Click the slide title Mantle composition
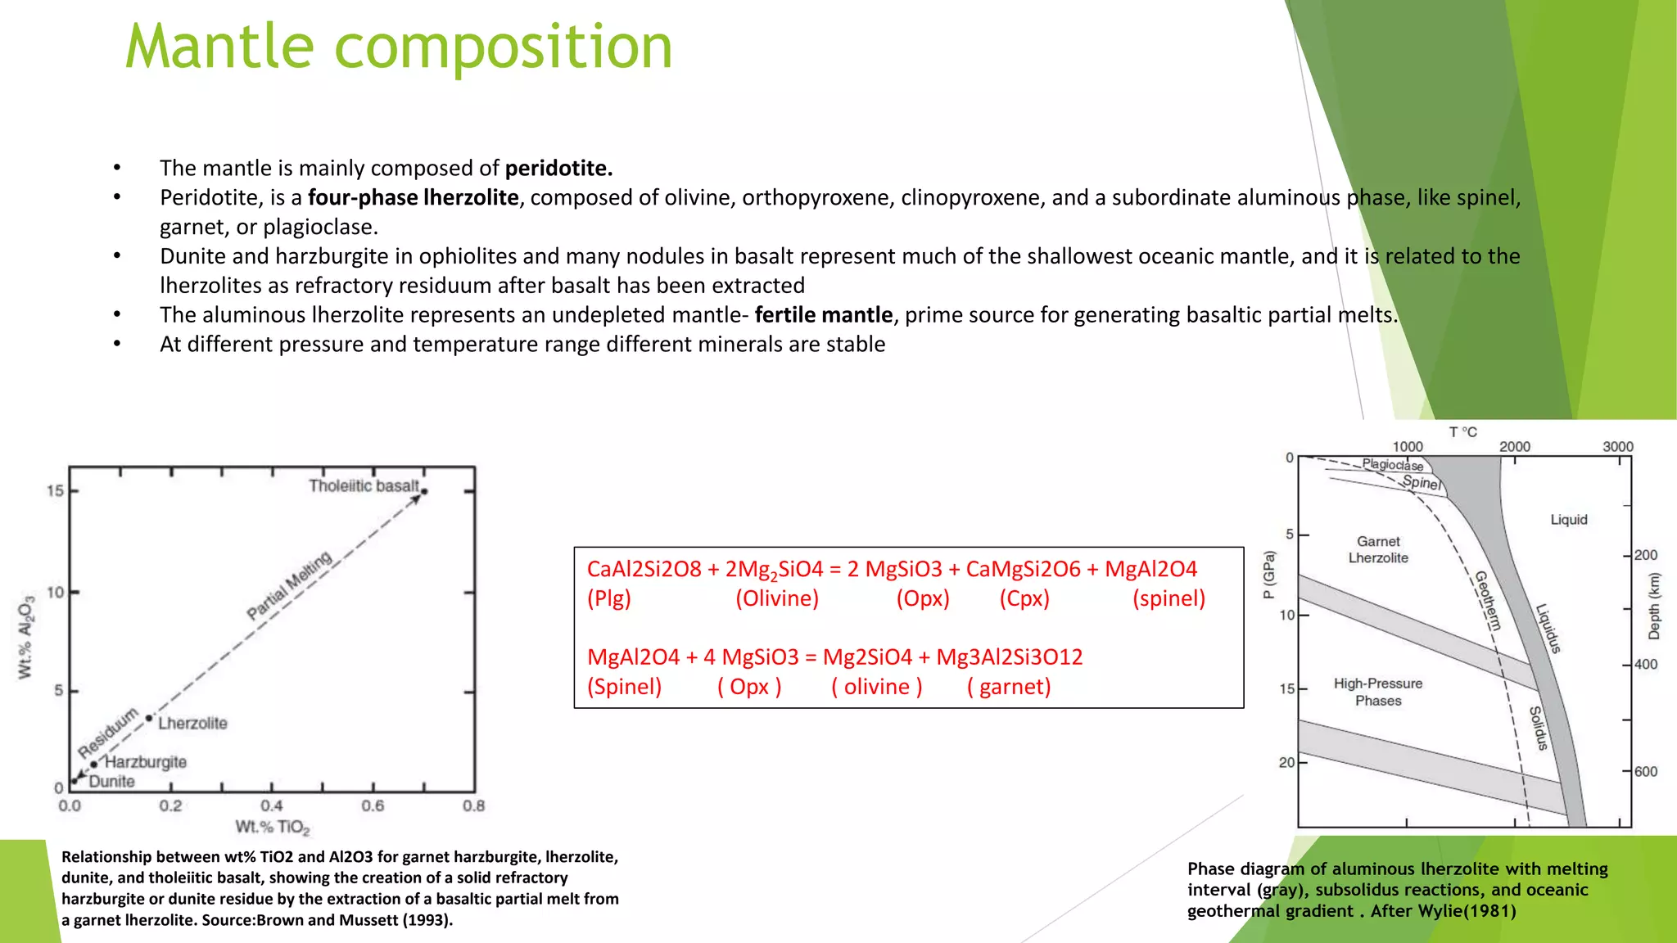(x=399, y=47)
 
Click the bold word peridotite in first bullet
(x=558, y=169)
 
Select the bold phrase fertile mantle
(x=823, y=315)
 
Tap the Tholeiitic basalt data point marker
(x=424, y=491)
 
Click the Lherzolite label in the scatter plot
(x=192, y=724)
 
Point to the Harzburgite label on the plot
(x=146, y=762)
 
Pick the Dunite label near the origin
(x=111, y=782)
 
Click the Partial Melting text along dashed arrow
(x=290, y=585)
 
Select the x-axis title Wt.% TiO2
(x=273, y=828)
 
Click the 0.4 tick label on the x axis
(x=272, y=806)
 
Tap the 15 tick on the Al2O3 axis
(x=55, y=491)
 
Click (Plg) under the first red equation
(x=609, y=598)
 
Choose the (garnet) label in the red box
(x=1009, y=687)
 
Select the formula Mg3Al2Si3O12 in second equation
(x=1009, y=657)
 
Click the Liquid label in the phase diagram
(x=1568, y=520)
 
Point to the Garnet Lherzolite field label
(x=1378, y=550)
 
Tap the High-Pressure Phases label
(x=1378, y=692)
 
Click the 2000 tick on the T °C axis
(x=1514, y=447)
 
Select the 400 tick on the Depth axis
(x=1645, y=665)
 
